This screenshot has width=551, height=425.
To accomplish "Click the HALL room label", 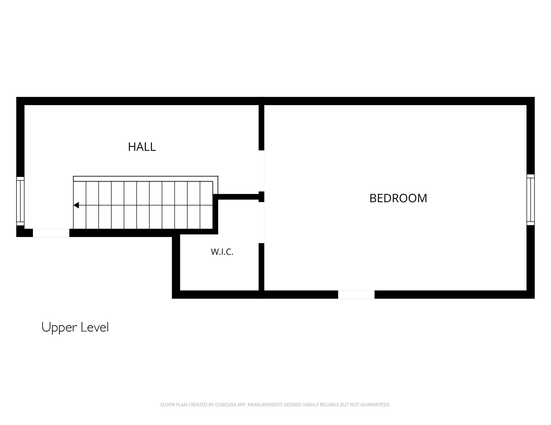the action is point(142,147).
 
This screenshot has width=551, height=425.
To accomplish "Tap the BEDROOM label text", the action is point(398,198).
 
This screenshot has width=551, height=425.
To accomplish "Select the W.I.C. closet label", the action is point(222,252).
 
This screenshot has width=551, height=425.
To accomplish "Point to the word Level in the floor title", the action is point(95,327).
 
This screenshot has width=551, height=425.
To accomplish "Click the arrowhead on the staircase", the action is point(76,205).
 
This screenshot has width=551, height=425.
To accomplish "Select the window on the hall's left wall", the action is point(20,201).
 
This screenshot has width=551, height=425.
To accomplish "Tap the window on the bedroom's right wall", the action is point(531,200).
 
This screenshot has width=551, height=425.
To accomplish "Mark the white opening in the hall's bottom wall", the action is point(51,233).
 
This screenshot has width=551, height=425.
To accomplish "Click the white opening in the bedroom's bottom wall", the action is point(356,294).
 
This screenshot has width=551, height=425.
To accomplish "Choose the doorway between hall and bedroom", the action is point(261,171).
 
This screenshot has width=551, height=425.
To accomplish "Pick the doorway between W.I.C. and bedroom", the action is point(261,223).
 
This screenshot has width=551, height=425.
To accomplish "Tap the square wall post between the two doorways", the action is point(261,197).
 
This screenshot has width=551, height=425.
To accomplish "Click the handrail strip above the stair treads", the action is point(145,179).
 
